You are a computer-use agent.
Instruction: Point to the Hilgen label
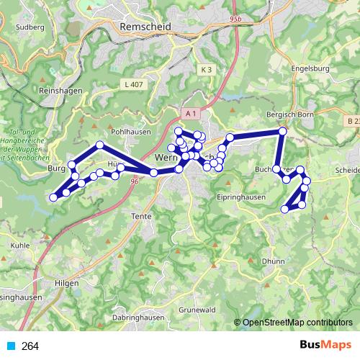tap(67, 284)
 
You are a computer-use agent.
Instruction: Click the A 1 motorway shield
tap(190, 114)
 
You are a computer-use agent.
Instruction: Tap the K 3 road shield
tap(207, 69)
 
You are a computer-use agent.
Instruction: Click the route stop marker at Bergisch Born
tap(283, 131)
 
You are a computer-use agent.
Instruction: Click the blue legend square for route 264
tap(11, 346)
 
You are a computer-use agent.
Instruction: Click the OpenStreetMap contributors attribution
tap(296, 323)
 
